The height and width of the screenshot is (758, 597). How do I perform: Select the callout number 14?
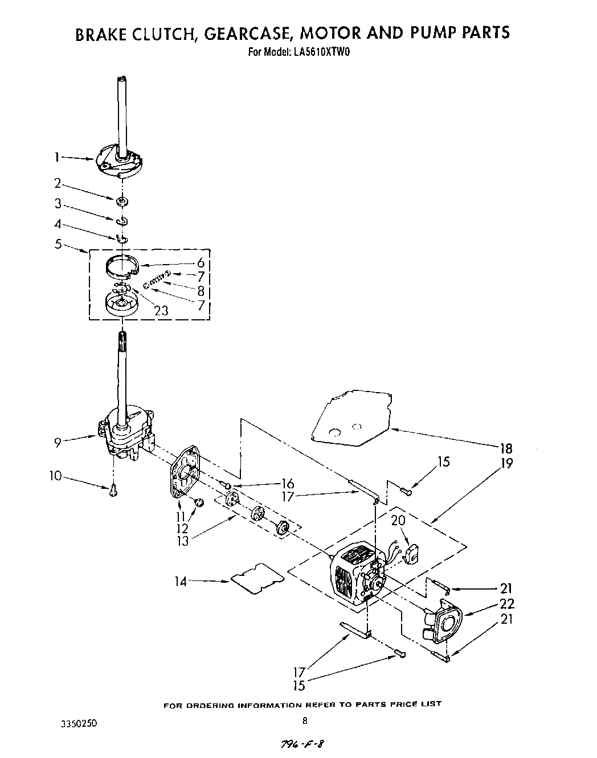(x=181, y=581)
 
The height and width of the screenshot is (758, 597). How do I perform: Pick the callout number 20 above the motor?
(x=398, y=520)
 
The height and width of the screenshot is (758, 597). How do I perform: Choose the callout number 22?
(x=505, y=603)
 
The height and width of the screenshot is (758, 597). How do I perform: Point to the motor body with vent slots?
(x=350, y=575)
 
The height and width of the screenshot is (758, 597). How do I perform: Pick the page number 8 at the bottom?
(x=305, y=720)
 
